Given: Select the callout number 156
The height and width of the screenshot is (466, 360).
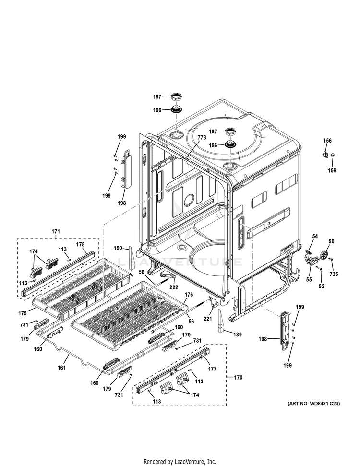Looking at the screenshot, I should click(327, 141).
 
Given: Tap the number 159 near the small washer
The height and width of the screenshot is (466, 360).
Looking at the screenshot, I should click(332, 170).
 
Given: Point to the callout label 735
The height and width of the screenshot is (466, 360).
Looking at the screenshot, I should click(334, 274).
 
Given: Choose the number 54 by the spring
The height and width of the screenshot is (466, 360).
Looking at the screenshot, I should click(315, 237).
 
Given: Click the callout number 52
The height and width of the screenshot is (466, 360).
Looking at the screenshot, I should click(321, 286).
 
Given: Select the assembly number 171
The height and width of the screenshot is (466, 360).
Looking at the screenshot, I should click(56, 232).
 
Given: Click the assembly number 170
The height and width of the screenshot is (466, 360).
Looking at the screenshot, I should click(238, 377).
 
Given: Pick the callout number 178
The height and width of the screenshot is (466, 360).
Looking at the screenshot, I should click(80, 244).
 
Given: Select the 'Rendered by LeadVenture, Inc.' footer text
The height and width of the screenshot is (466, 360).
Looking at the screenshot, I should click(180, 461).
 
